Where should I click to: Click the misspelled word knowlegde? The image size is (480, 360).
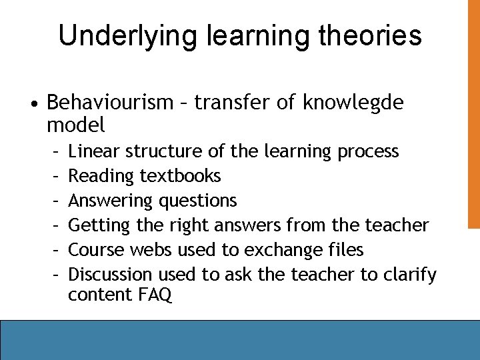pyautogui.click(x=353, y=103)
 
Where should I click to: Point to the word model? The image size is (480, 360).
pyautogui.click(x=76, y=124)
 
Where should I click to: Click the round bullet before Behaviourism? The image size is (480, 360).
pyautogui.click(x=33, y=104)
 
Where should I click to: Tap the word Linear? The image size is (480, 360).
pyautogui.click(x=94, y=151)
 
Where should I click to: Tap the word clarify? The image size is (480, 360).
pyautogui.click(x=411, y=274)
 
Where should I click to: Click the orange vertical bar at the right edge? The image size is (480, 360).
pyautogui.click(x=473, y=113)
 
